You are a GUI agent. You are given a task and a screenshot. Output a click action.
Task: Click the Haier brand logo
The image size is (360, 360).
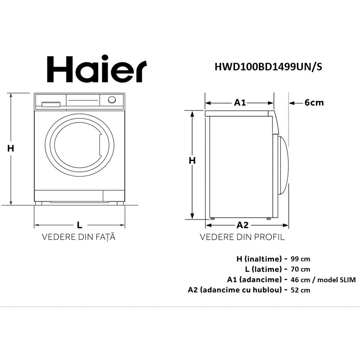tap(96, 69)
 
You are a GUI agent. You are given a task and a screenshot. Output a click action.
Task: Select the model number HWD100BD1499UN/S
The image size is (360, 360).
tap(269, 67)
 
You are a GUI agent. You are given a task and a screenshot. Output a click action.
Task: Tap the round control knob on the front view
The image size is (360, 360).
tap(112, 100)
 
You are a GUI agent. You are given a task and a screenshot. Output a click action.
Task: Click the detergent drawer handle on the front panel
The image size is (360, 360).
tap(51, 104)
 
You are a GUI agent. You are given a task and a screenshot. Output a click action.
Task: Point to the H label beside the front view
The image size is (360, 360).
tap(10, 149)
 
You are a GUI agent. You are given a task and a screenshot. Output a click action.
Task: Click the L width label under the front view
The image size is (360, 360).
tap(80, 225)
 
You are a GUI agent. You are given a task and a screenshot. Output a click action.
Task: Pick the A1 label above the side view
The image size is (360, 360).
tap(240, 103)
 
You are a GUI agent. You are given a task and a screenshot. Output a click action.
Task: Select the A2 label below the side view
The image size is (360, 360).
tap(242, 225)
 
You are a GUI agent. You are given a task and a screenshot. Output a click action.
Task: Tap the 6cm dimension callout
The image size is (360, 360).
tap(314, 103)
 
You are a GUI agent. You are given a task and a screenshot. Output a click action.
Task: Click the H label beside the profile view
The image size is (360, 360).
tap(192, 161)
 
